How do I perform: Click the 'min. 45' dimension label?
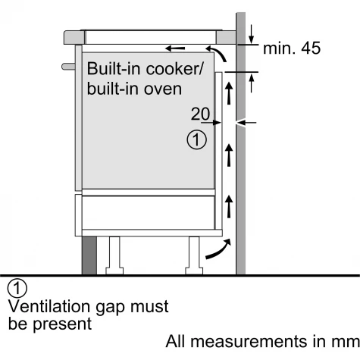coord(292,49)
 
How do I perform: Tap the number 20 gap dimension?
coord(200,114)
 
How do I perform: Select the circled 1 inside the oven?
coord(197,139)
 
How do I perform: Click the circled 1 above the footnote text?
coord(17,288)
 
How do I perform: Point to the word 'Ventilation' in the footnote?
coord(49,306)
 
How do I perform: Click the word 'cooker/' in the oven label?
coord(174,68)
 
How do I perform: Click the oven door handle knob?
coord(68,67)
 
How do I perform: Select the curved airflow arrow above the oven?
coord(218,52)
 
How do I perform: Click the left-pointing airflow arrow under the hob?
coord(175,48)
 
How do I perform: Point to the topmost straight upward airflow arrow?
coord(229,93)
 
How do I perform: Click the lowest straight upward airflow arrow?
coord(229,207)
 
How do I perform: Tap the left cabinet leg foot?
coord(114,271)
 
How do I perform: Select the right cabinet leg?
coord(194,255)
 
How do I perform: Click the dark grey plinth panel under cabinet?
coord(89,255)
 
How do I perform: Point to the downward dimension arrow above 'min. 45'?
coord(251,34)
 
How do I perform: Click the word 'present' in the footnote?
coord(62,324)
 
